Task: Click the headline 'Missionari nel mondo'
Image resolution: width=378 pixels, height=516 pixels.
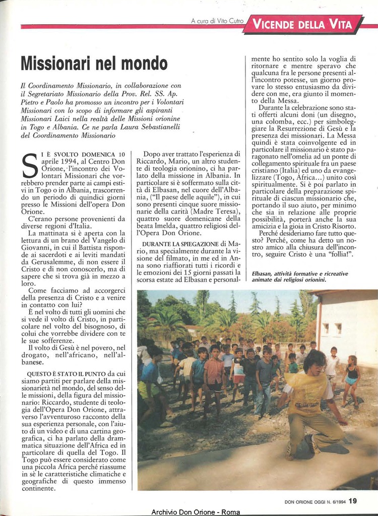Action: (94, 64)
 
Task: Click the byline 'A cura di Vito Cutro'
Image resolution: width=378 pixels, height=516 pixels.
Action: (217, 21)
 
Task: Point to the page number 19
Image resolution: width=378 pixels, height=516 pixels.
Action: (353, 501)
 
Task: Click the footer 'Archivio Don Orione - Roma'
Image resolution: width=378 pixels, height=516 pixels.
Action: (196, 512)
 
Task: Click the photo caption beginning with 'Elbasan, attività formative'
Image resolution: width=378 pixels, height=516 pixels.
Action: (299, 276)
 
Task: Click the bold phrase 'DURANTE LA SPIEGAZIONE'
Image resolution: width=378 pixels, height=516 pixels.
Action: (173, 244)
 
